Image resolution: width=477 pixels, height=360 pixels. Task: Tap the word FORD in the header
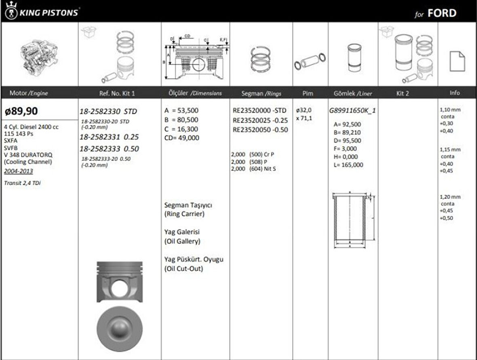[442, 13]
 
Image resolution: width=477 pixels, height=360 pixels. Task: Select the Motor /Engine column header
[28, 93]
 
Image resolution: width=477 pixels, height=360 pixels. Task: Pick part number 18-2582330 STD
[109, 111]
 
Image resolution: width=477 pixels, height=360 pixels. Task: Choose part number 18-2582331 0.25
[109, 137]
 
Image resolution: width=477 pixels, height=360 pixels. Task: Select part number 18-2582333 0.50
[109, 149]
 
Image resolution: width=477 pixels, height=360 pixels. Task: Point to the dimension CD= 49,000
[182, 138]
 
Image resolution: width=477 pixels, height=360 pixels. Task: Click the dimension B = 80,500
[182, 120]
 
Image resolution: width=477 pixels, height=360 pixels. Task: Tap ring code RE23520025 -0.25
[260, 120]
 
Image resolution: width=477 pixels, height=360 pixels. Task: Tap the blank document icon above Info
[457, 61]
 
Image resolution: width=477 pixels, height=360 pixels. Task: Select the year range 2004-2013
[19, 171]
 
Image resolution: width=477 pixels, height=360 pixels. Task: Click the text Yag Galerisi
[182, 232]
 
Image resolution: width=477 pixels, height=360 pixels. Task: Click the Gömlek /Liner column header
[353, 93]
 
